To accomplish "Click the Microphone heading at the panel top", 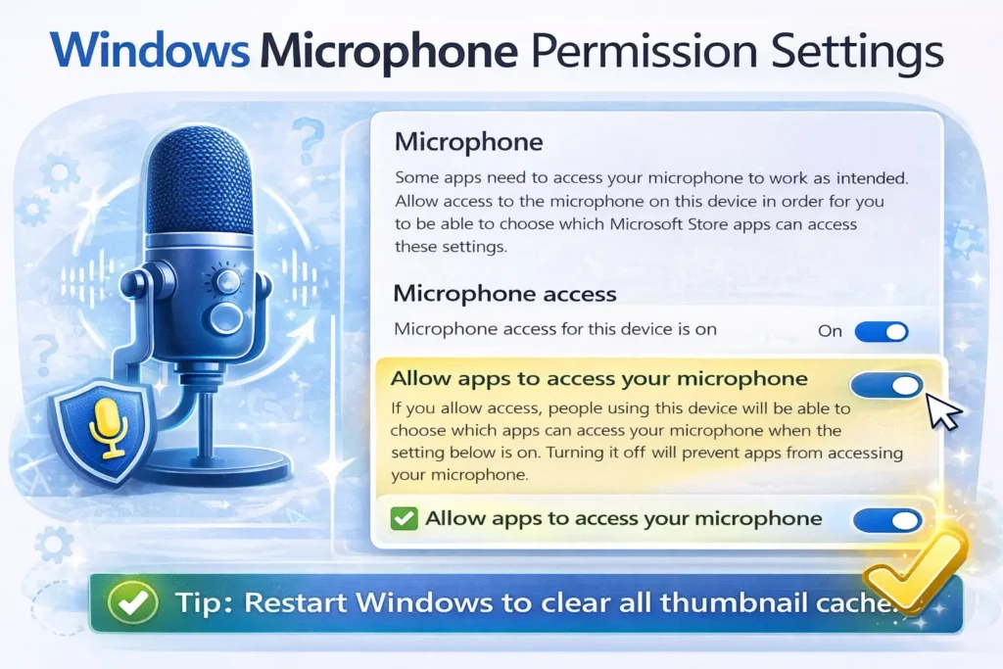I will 468,141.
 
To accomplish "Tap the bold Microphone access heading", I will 504,293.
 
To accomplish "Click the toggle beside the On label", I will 882,331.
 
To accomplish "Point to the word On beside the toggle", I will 830,331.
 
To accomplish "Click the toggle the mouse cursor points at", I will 886,385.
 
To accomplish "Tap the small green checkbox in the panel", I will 404,518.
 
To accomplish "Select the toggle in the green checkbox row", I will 886,519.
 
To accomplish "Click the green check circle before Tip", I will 128,600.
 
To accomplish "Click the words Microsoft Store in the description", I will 695,224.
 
